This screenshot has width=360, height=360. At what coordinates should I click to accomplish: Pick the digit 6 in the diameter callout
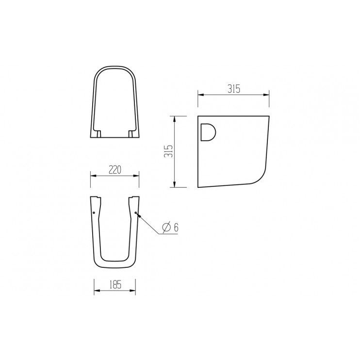click(176, 227)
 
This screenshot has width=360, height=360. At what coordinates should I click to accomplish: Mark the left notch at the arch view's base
click(98, 132)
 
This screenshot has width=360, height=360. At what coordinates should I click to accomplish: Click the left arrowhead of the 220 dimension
click(93, 177)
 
